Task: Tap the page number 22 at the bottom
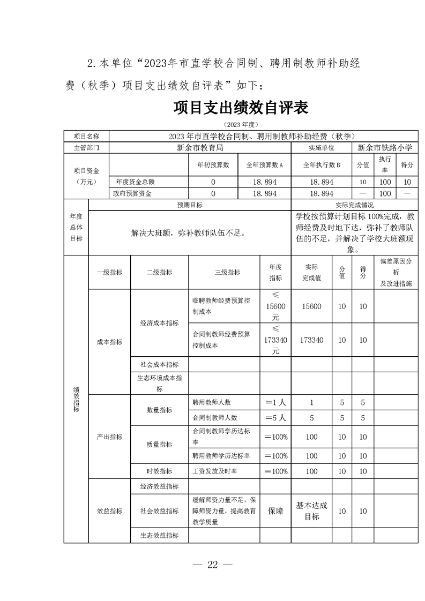point(213,565)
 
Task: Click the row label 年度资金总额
point(132,182)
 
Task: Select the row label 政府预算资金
point(132,193)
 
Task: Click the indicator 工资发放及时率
point(214,471)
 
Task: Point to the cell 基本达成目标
point(311,511)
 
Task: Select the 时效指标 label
point(159,471)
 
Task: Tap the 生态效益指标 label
point(159,535)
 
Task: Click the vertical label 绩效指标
point(76,399)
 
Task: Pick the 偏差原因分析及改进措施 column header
point(396,272)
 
